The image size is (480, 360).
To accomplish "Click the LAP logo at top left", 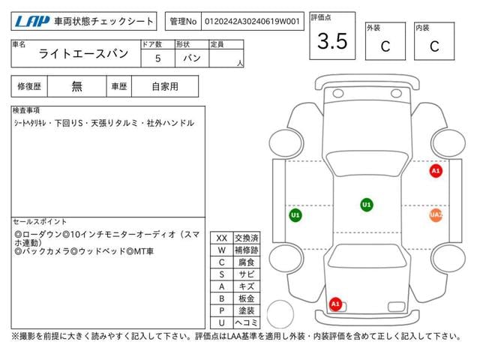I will pos(29,22).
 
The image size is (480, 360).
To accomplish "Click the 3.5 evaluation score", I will pos(332,42).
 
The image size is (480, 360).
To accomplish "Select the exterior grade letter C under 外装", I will pos(385,46).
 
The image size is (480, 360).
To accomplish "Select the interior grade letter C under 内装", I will pos(433,46).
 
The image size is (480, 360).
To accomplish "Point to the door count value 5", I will pos(157,58).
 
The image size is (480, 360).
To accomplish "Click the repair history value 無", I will pos(77,86).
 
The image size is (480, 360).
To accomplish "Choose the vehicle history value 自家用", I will pos(164,86).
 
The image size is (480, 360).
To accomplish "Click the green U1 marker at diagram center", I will pos(366,204).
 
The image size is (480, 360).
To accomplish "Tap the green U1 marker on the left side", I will pos(295,215).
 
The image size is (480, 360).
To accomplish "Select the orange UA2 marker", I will pos(436,215).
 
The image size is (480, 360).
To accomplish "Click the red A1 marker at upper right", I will pos(436,171).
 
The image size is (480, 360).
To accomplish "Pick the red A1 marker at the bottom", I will pos(335,304).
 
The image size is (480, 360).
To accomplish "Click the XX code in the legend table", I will pos(221,238).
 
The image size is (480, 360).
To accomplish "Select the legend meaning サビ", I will pos(245,274).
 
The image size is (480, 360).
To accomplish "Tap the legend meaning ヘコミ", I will pos(245,322).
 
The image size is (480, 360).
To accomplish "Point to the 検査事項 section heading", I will pos(27,110).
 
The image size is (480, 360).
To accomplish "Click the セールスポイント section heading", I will pos(40,222).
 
